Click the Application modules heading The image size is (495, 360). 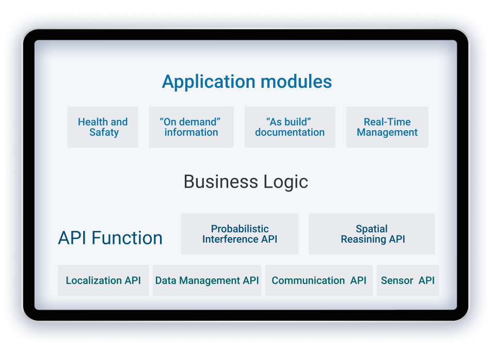(247, 82)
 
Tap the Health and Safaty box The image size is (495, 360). (103, 127)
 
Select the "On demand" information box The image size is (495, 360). (191, 127)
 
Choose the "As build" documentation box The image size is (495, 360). (290, 127)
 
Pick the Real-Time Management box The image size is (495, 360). (387, 127)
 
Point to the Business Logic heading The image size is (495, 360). (246, 182)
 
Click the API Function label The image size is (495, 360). (110, 238)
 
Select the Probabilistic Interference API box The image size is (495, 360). (239, 234)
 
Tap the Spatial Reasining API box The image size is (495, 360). (372, 234)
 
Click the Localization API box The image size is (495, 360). (103, 280)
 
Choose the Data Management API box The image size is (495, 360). (207, 280)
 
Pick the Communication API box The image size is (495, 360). (319, 280)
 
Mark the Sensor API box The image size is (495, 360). (408, 280)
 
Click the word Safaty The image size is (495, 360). (104, 132)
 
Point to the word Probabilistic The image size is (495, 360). (239, 229)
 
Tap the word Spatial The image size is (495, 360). (372, 229)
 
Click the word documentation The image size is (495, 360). (290, 132)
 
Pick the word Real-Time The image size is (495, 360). (387, 122)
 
